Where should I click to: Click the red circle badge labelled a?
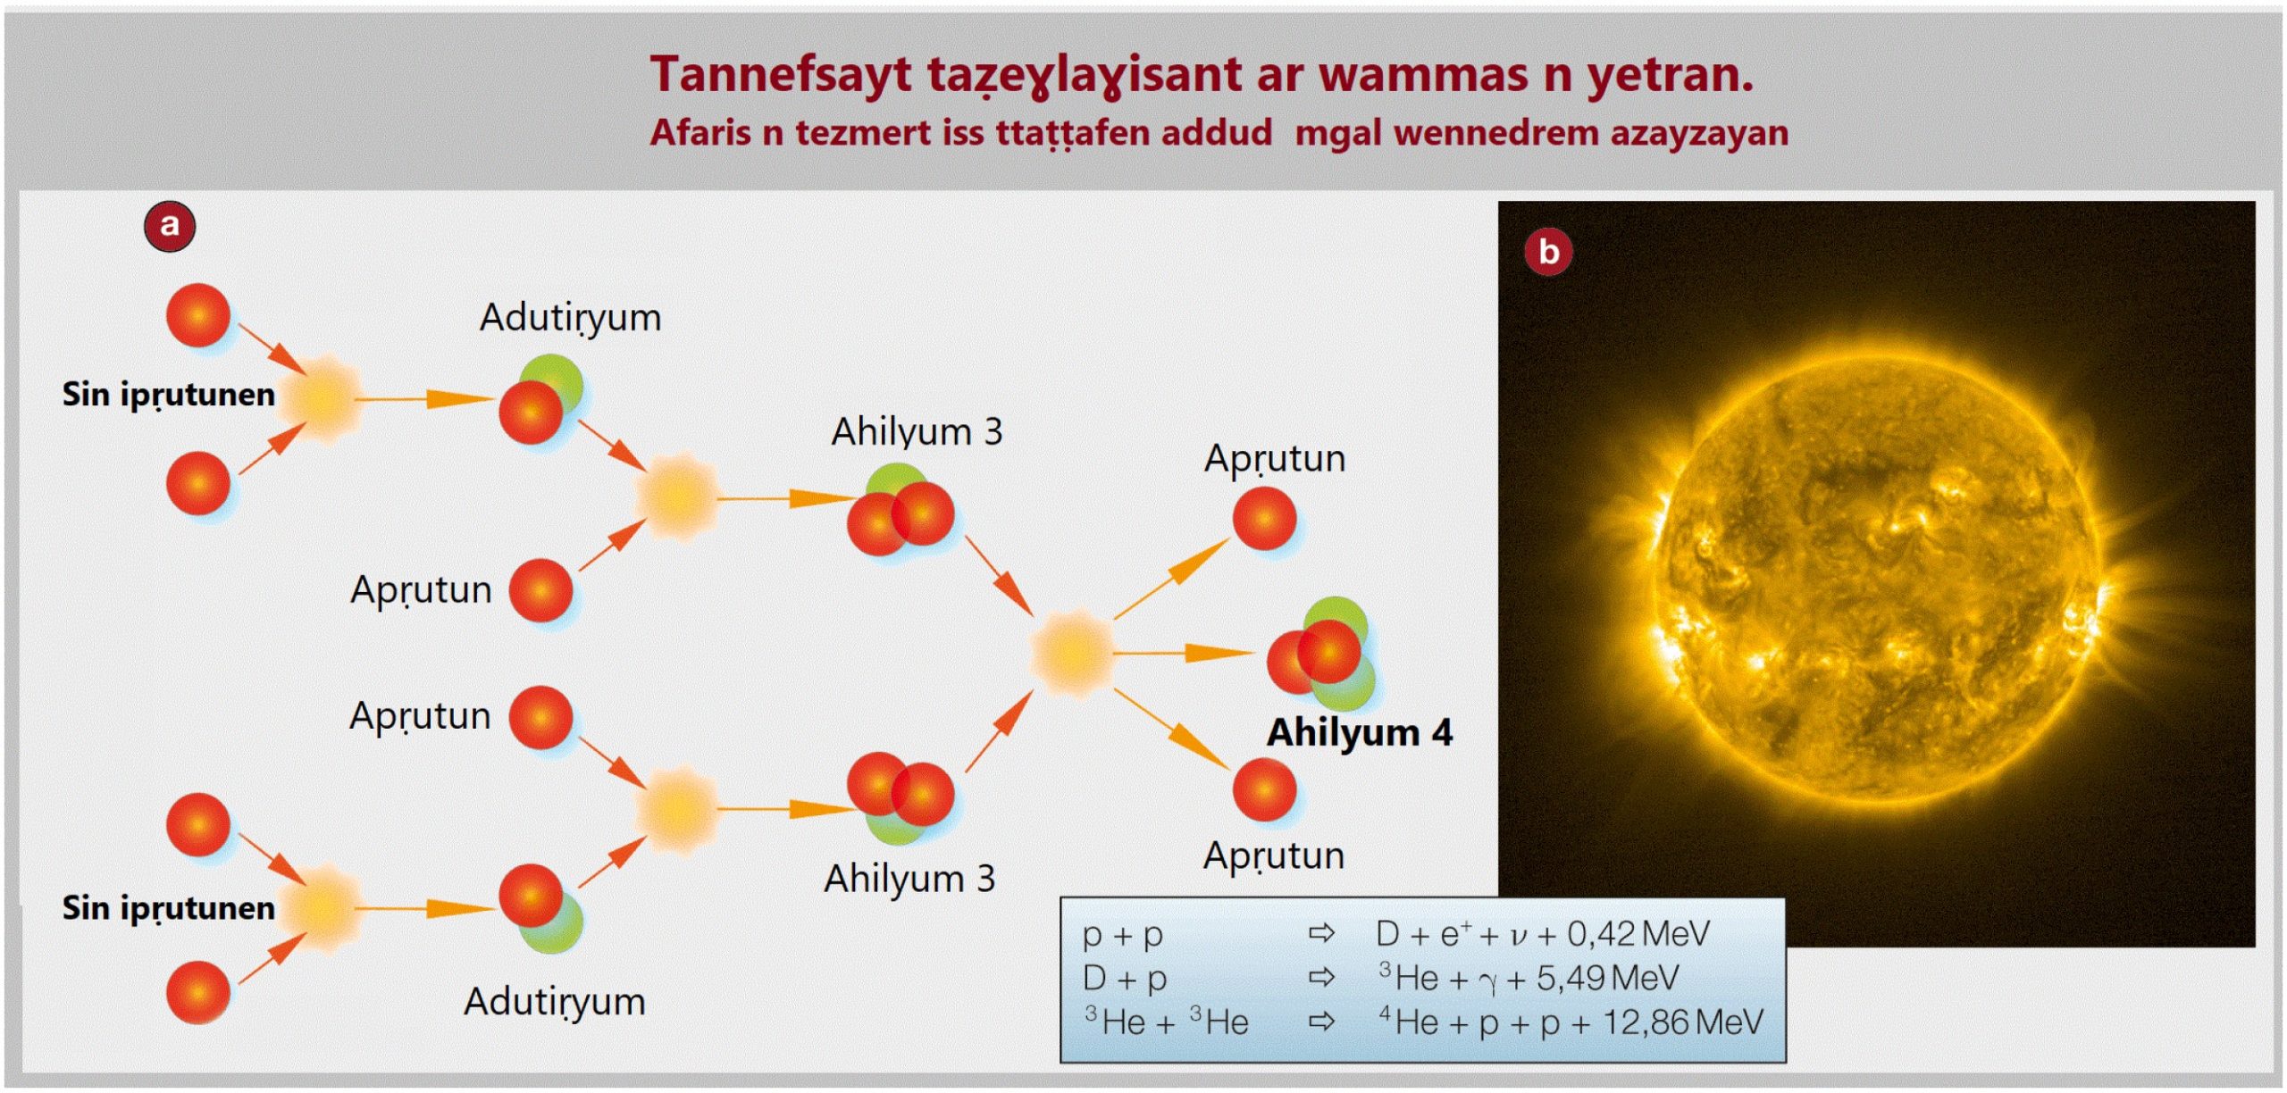click(170, 226)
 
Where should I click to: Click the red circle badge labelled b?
click(1548, 251)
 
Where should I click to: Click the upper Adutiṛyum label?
click(571, 318)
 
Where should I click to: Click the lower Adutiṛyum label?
click(555, 1002)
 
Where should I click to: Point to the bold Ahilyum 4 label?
click(1360, 732)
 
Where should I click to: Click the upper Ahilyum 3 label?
click(917, 432)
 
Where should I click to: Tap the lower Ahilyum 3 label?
click(909, 879)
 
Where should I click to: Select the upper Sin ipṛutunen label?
click(168, 395)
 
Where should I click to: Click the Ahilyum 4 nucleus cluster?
click(1322, 654)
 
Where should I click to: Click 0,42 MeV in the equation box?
click(1638, 934)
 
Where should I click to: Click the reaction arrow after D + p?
click(1321, 978)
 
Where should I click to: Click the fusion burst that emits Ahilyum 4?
click(1072, 653)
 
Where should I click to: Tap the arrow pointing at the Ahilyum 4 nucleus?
click(1184, 654)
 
